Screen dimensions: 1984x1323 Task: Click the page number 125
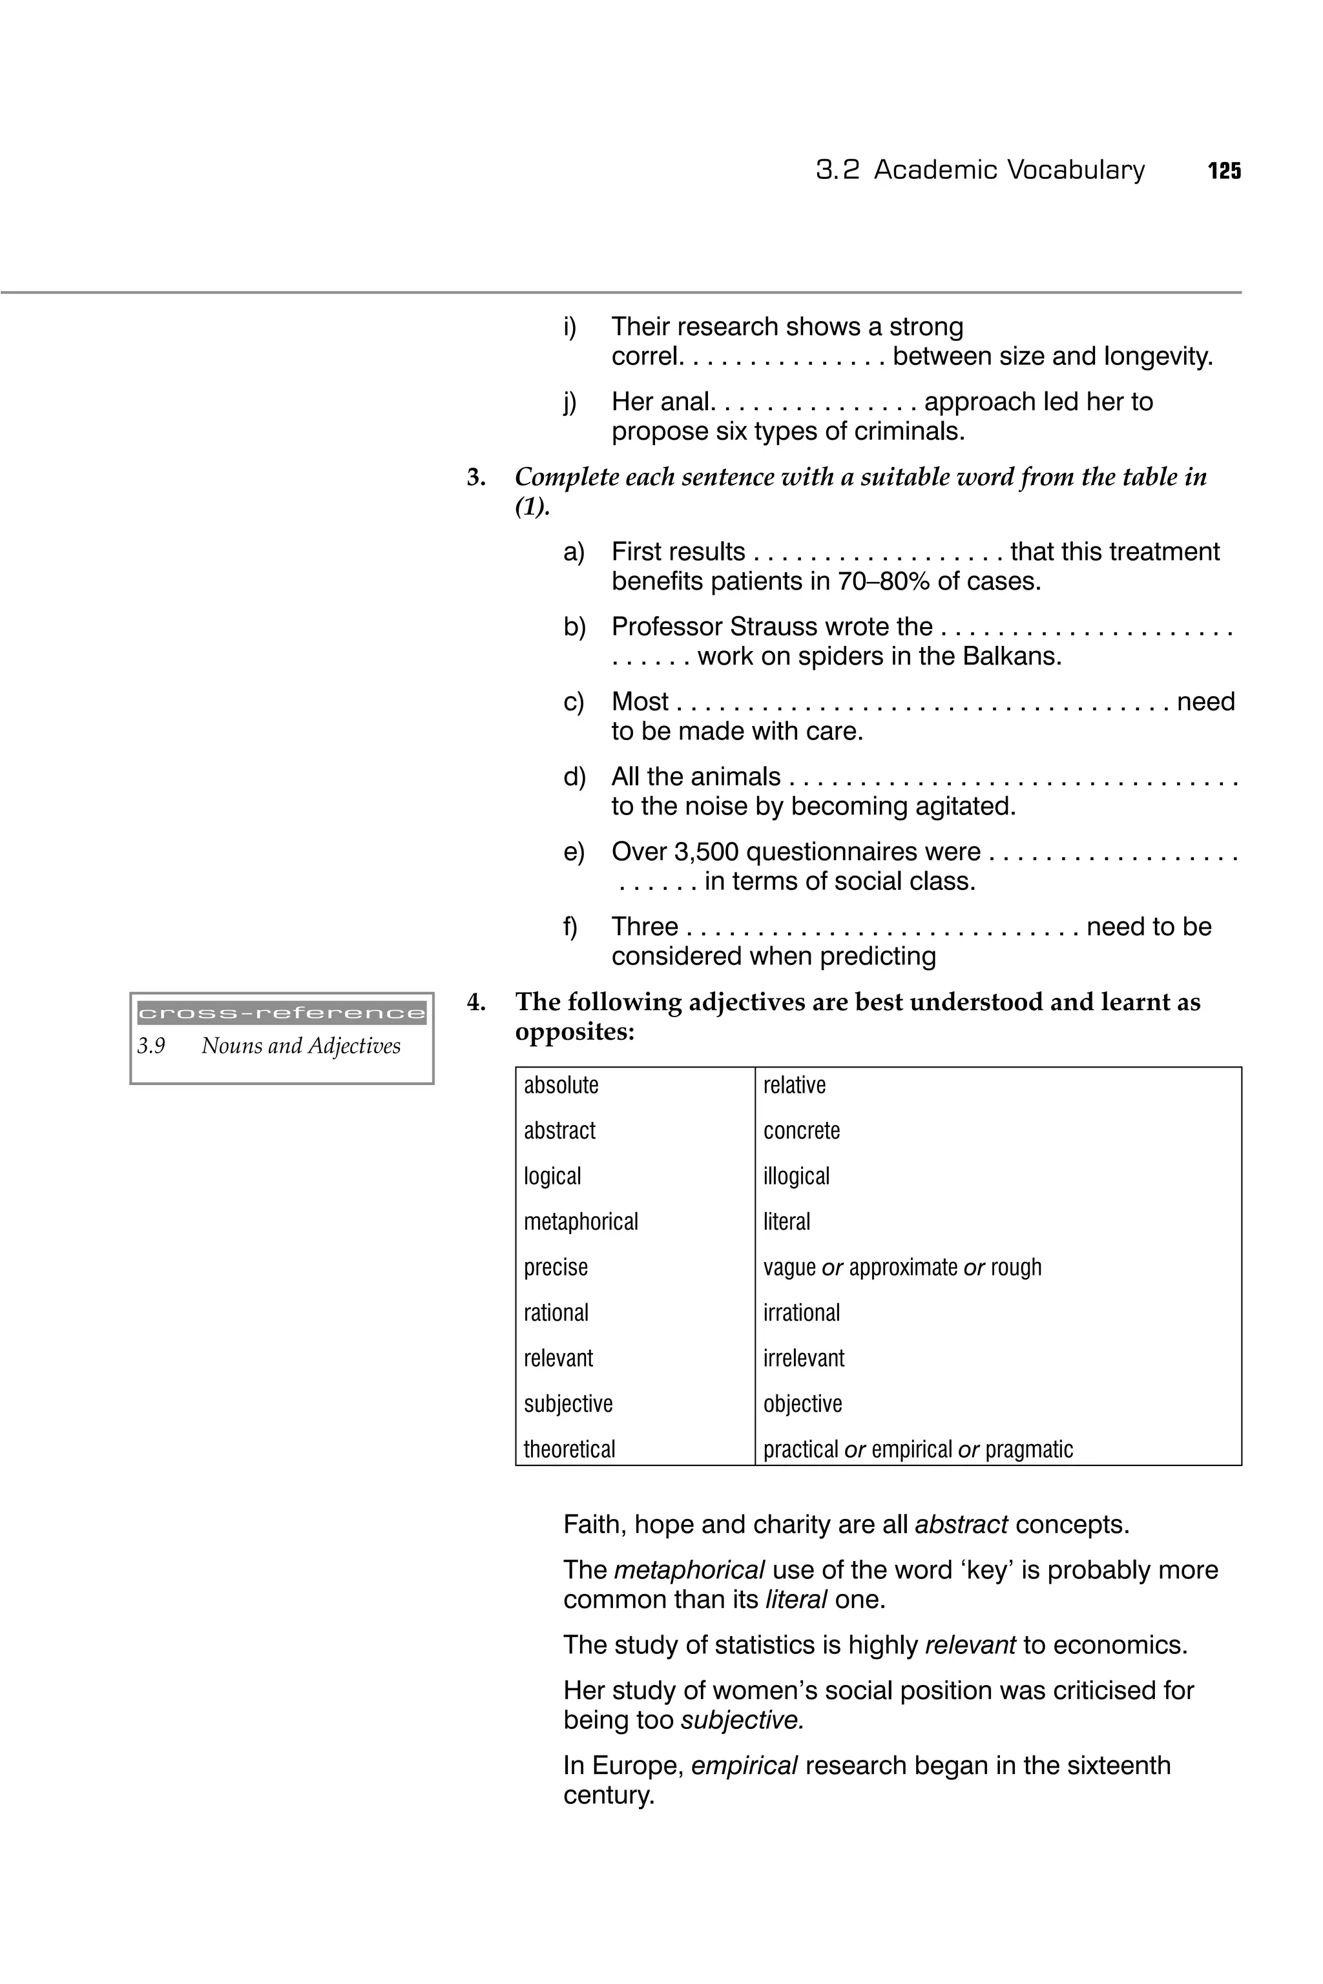pyautogui.click(x=1224, y=171)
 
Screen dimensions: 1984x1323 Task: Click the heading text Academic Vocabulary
pyautogui.click(x=1009, y=170)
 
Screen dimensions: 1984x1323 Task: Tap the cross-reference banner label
pyautogui.click(x=281, y=1013)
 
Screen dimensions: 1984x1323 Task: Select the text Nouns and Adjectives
pyautogui.click(x=300, y=1046)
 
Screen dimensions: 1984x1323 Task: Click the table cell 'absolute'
pyautogui.click(x=561, y=1085)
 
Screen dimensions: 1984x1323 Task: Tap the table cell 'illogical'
pyautogui.click(x=796, y=1176)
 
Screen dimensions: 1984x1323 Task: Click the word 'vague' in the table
pyautogui.click(x=789, y=1268)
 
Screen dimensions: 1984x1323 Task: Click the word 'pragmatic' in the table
pyautogui.click(x=1028, y=1449)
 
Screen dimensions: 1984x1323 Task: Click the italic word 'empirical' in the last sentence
pyautogui.click(x=744, y=1766)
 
